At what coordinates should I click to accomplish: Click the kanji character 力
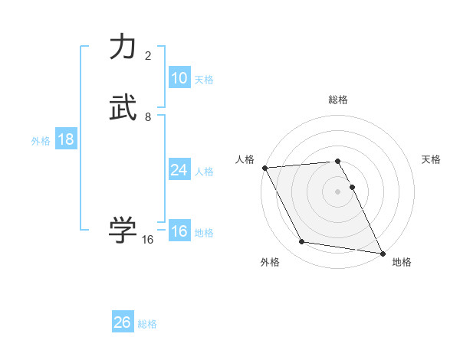click(123, 47)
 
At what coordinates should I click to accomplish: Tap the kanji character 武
click(123, 109)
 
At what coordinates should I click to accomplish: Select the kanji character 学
click(123, 230)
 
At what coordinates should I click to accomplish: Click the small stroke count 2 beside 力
click(148, 56)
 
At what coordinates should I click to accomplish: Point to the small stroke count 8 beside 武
click(148, 117)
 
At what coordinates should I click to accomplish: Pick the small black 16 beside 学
click(148, 240)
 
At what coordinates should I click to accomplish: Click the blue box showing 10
click(179, 78)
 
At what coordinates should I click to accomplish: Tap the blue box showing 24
click(179, 170)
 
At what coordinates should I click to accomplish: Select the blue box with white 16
click(179, 231)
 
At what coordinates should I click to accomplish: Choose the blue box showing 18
click(65, 139)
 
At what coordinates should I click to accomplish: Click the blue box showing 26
click(122, 322)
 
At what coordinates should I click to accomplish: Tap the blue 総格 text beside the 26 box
click(147, 324)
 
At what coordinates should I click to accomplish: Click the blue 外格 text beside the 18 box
click(41, 141)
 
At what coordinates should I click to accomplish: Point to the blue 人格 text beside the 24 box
click(204, 172)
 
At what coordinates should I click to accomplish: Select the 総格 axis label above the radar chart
click(338, 100)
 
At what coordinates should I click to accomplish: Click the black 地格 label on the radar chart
click(402, 262)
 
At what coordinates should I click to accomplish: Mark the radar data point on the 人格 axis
click(264, 168)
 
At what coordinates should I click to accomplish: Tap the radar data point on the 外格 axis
click(302, 242)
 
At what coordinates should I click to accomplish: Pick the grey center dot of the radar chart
click(338, 191)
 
